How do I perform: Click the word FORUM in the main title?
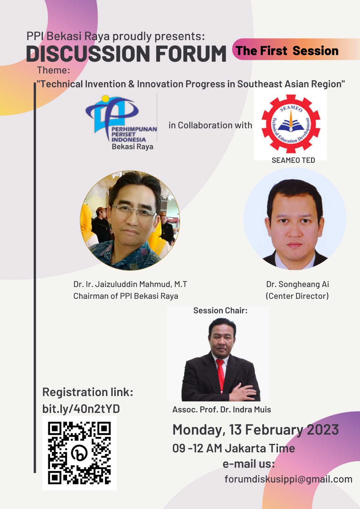[x=191, y=54]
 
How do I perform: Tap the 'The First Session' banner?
[x=296, y=49]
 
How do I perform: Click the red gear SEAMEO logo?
[x=291, y=124]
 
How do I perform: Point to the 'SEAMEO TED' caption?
[x=293, y=160]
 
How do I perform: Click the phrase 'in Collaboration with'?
[x=210, y=125]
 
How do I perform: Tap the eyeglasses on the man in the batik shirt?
[x=133, y=210]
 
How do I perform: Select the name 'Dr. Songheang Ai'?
[x=298, y=284]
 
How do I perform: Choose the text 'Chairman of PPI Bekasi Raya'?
[x=126, y=296]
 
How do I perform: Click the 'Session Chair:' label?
[x=220, y=310]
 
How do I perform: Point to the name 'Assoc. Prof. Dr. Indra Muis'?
[x=222, y=409]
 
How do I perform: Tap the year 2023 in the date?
[x=323, y=429]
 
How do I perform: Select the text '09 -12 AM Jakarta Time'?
[x=234, y=448]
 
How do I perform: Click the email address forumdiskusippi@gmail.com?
[x=288, y=479]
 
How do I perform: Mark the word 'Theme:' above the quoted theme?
[x=53, y=70]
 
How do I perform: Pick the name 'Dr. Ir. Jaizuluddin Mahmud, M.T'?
[x=130, y=284]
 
